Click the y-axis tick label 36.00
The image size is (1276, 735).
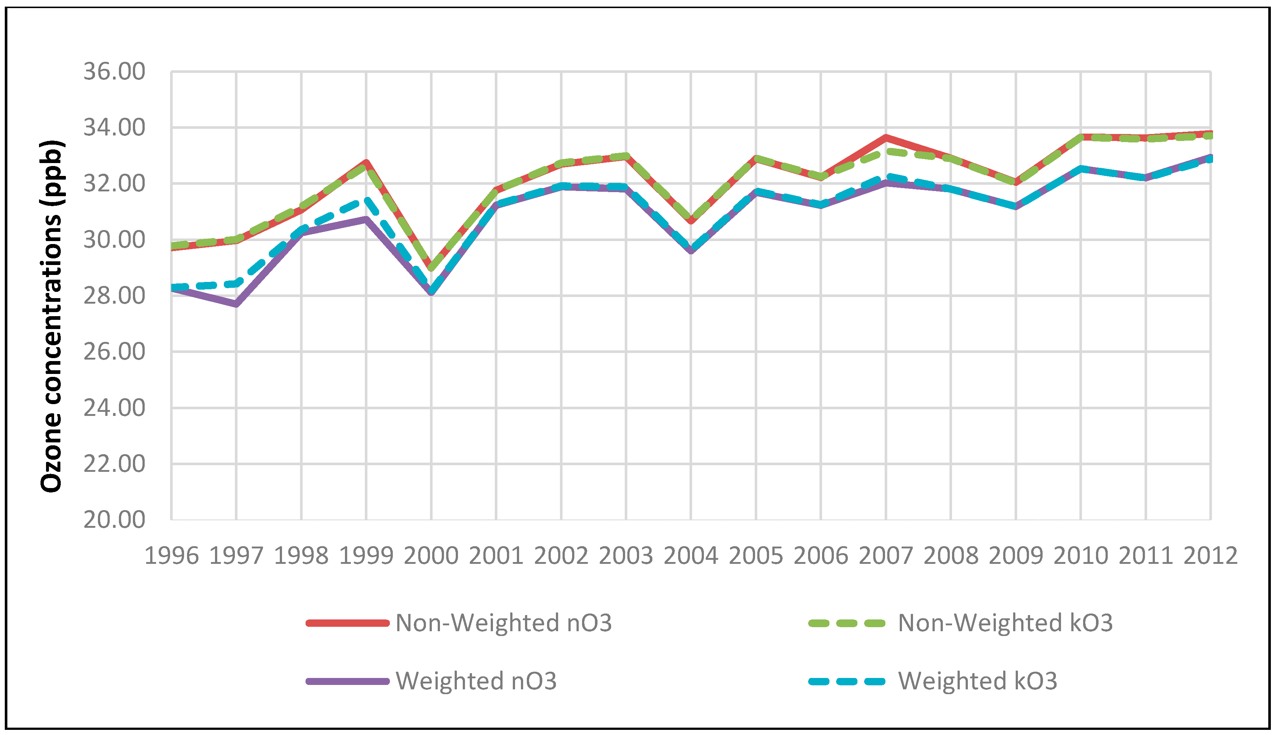point(114,72)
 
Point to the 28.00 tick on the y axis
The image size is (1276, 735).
point(114,296)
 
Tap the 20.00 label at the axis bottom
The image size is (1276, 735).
point(114,520)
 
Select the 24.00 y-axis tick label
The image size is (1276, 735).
point(114,408)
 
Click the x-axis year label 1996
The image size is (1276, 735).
point(171,556)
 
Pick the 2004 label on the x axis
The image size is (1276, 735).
point(690,556)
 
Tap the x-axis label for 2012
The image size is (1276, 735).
point(1210,556)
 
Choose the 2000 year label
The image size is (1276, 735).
point(431,556)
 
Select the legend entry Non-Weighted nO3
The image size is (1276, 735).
point(503,623)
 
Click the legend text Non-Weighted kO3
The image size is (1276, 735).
point(1005,623)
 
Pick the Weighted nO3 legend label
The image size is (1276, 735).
point(476,681)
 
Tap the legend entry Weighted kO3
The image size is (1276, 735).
point(977,681)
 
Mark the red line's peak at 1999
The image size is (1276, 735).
point(366,162)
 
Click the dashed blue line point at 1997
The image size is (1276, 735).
point(236,283)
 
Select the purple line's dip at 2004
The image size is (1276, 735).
point(691,250)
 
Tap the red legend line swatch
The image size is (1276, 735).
point(348,623)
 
